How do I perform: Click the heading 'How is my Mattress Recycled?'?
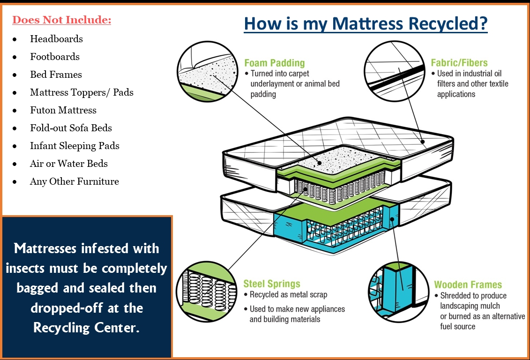pyautogui.click(x=366, y=23)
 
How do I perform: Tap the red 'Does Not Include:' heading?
pyautogui.click(x=61, y=20)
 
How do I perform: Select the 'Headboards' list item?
pyautogui.click(x=56, y=39)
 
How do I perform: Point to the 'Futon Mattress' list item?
pyautogui.click(x=63, y=110)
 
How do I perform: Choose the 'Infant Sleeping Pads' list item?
pyautogui.click(x=75, y=146)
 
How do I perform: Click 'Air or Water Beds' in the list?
pyautogui.click(x=69, y=164)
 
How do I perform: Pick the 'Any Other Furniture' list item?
pyautogui.click(x=75, y=181)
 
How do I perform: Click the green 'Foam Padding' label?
pyautogui.click(x=275, y=63)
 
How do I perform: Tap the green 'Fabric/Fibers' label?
pyautogui.click(x=459, y=63)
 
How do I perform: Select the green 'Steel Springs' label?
pyautogui.click(x=272, y=284)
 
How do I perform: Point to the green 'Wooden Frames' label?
pyautogui.click(x=468, y=285)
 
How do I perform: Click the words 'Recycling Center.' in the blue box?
pyautogui.click(x=87, y=327)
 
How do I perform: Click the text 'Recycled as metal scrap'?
pyautogui.click(x=288, y=295)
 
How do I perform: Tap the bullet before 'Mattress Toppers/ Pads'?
pyautogui.click(x=15, y=93)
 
